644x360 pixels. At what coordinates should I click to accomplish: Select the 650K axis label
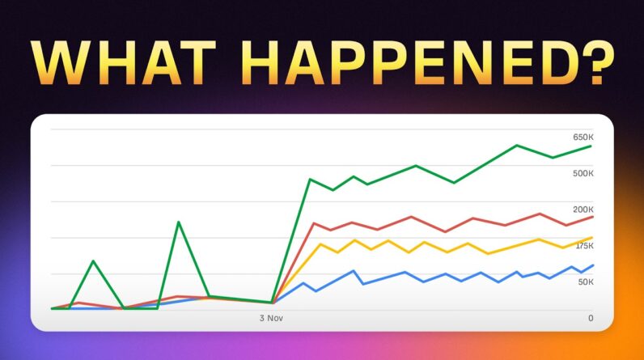coord(583,138)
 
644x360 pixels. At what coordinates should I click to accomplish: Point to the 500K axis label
coord(583,173)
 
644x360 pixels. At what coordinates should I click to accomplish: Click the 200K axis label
coord(583,210)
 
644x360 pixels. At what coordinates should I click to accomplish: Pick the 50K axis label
coord(586,282)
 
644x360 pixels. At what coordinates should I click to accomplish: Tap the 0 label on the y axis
coord(591,318)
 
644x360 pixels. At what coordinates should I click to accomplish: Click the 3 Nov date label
coord(273,318)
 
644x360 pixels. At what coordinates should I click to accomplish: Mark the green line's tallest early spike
coord(178,222)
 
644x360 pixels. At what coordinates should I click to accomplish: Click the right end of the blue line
coord(593,265)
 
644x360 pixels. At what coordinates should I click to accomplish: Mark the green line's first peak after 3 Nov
coord(311,179)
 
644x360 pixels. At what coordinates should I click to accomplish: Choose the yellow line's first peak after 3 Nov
coord(321,244)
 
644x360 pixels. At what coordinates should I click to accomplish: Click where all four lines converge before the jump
coord(273,303)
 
